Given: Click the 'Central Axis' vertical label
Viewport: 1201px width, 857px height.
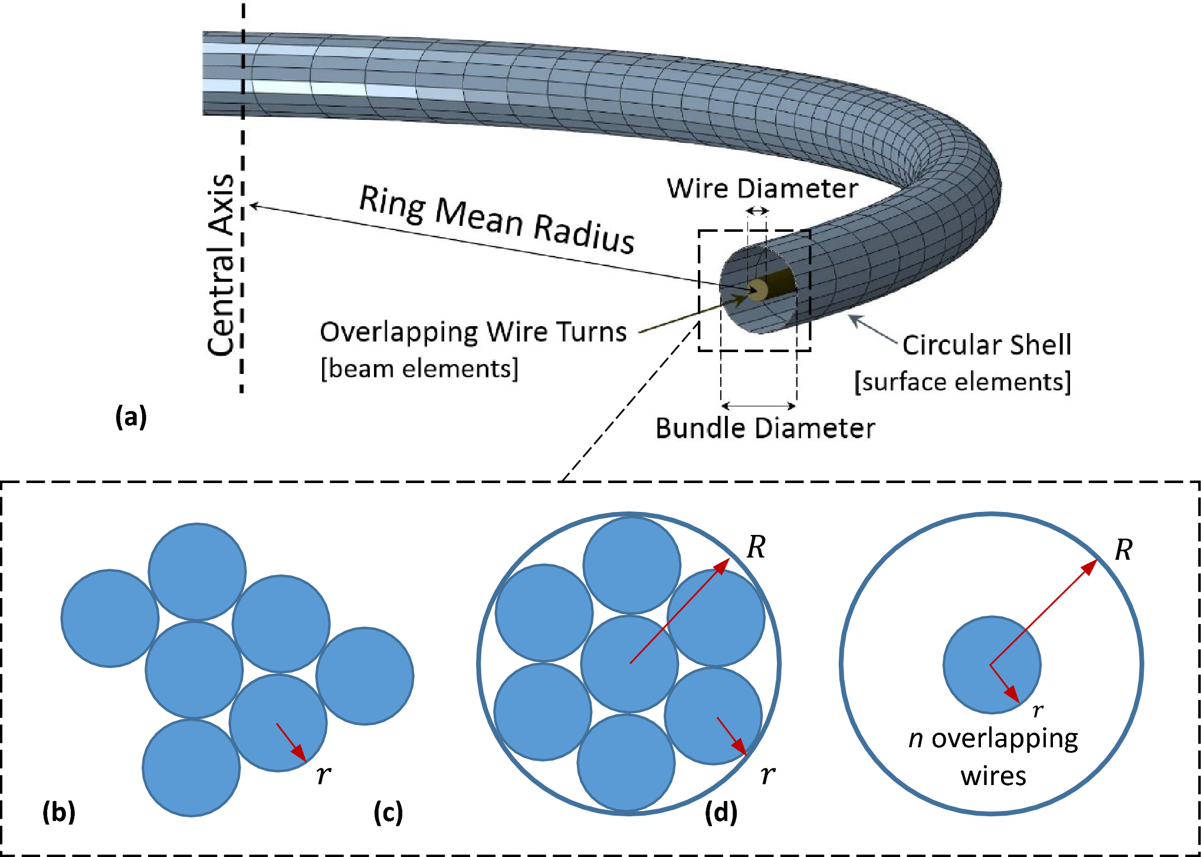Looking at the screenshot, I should [221, 265].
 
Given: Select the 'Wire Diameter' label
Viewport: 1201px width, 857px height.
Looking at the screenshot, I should [762, 189].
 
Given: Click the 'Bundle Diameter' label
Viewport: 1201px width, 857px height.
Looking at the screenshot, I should [765, 429].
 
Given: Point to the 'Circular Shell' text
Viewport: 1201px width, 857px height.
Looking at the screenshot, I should [986, 345].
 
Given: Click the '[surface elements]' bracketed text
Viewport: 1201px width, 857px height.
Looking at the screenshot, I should [962, 382].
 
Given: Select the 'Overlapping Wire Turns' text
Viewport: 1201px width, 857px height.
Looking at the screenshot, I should [472, 332].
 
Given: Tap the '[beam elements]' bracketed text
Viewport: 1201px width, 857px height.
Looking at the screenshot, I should [419, 369].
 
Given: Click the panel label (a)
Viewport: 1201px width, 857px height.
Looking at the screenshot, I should [131, 417].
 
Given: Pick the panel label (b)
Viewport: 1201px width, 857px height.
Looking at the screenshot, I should [59, 812].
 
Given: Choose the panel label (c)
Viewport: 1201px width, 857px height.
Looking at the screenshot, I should [388, 812].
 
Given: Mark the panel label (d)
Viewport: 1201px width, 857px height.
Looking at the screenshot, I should [721, 812].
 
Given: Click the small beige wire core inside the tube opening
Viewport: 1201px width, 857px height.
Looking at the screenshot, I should [758, 290].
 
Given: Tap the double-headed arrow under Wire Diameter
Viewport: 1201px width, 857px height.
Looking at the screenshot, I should [757, 211].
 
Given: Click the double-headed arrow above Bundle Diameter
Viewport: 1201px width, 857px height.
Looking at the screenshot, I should [759, 406].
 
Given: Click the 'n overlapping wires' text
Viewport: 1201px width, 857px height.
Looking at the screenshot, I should [993, 757].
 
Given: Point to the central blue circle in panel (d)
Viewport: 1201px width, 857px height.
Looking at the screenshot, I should [992, 665].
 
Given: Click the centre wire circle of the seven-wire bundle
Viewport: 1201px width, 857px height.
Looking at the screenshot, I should [629, 664].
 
